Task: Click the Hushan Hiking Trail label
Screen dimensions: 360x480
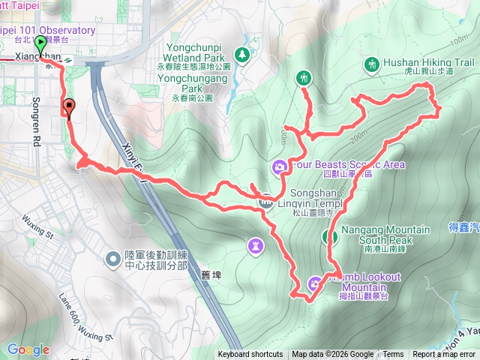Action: tap(430, 64)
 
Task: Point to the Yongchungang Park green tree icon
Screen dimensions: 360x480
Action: tap(241, 55)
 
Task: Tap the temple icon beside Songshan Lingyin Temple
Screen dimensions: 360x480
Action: tap(265, 201)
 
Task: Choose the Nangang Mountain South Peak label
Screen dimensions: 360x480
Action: tap(385, 234)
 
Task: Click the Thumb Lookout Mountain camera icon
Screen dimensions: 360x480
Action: tap(314, 283)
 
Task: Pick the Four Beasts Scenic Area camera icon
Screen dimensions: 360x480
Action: tap(278, 166)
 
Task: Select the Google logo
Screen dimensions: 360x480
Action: tap(28, 349)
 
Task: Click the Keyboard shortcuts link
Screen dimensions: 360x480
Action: tap(250, 355)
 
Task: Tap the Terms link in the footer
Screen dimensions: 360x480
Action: tap(393, 355)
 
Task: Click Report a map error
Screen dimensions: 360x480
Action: tap(445, 355)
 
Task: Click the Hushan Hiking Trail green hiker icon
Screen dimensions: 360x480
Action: tap(373, 65)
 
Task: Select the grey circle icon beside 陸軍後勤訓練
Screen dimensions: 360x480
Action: tap(112, 259)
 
